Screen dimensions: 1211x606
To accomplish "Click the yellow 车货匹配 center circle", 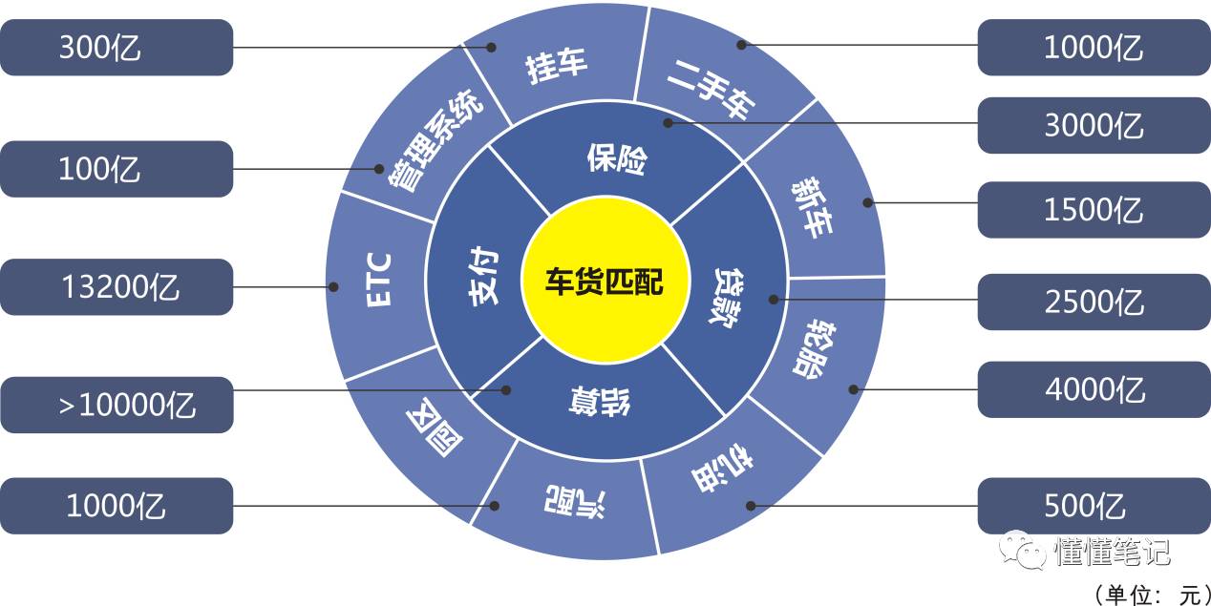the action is tap(605, 281).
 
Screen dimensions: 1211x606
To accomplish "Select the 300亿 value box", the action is tap(116, 47).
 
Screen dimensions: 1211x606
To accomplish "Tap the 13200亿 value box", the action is tap(116, 286).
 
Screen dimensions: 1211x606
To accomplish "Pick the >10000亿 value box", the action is tap(116, 405).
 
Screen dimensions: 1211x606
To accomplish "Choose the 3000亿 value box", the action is tap(1094, 125).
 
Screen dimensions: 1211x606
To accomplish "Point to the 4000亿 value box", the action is tap(1094, 389).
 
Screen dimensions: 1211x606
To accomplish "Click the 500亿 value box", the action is tap(1094, 505).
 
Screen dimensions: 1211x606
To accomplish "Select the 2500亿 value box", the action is tap(1094, 302).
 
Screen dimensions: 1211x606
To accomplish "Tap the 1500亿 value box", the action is tap(1094, 209).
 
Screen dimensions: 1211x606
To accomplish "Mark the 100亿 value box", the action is tap(116, 169).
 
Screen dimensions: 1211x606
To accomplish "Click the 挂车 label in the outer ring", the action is tap(557, 68).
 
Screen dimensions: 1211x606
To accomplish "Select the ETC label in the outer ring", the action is tap(378, 279).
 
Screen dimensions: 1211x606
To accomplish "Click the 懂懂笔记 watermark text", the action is tap(1112, 551).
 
